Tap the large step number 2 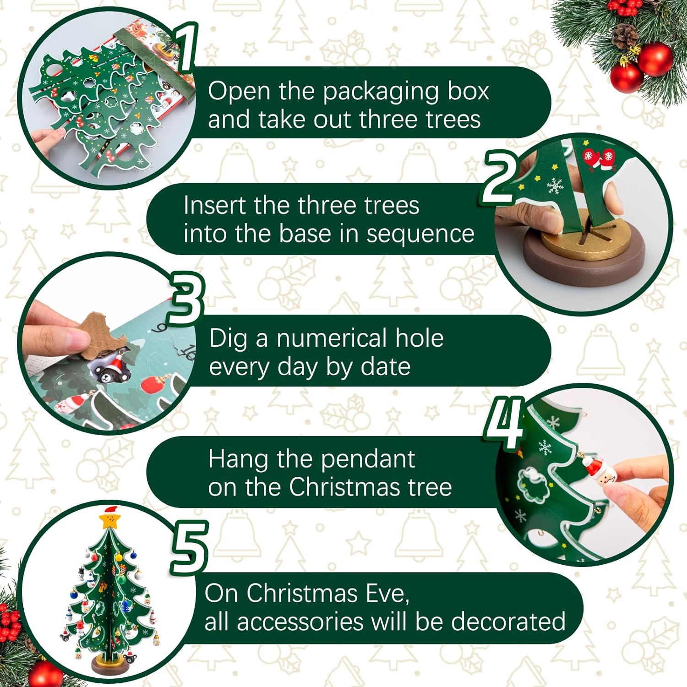(500, 178)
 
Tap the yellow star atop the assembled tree (109, 520)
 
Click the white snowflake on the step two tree (555, 186)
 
